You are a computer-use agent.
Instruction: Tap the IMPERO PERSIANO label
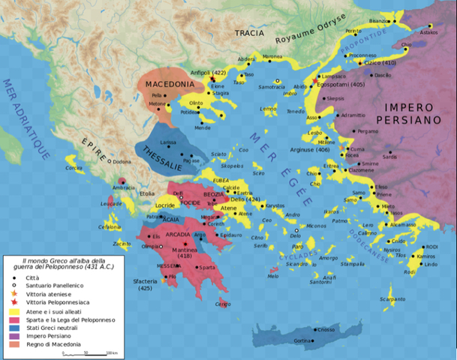click(x=414, y=113)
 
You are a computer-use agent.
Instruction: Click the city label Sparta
click(x=208, y=267)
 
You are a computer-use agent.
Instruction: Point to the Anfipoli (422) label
click(x=209, y=73)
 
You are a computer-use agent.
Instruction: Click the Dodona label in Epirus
click(x=121, y=161)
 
